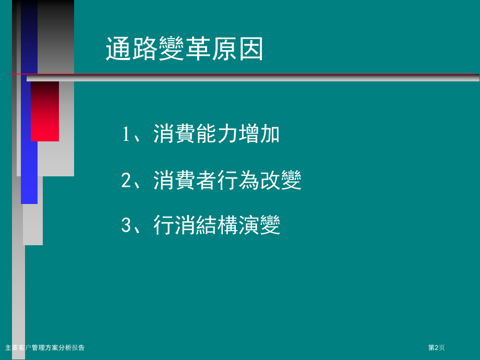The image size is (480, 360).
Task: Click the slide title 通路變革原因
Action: (184, 50)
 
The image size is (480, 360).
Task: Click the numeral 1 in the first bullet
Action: (126, 135)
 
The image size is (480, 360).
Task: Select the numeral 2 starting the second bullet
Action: (126, 181)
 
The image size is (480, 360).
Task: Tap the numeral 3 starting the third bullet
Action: (126, 225)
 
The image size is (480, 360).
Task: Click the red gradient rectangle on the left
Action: (45, 111)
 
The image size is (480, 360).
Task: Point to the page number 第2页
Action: (437, 347)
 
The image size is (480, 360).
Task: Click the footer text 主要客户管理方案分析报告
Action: (44, 347)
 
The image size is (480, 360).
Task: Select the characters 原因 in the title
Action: (237, 50)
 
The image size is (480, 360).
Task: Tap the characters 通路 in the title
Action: (131, 50)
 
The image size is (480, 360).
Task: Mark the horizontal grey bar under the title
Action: (253, 78)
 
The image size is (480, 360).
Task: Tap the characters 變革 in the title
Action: (184, 50)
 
